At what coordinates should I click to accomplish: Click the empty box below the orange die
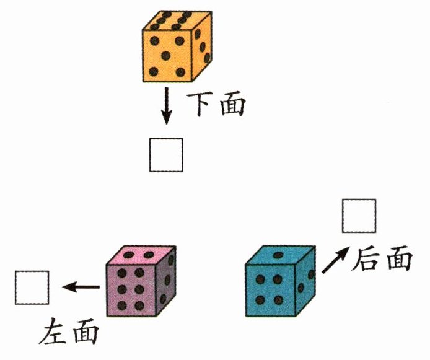coord(166,155)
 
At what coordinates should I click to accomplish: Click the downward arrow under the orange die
coord(166,106)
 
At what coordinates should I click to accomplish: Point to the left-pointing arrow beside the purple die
coord(82,286)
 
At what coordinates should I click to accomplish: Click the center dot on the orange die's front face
coord(165,56)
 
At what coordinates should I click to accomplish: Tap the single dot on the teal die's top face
coord(278,255)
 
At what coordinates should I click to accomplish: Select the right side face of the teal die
coord(303,282)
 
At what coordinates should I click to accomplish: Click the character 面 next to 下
coord(232,103)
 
